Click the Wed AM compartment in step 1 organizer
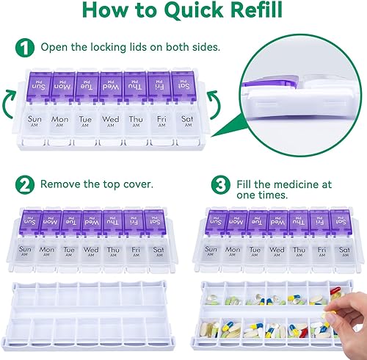[111, 123]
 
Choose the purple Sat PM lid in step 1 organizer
[181, 86]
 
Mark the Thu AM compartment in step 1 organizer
[135, 123]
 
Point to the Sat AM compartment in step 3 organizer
[342, 253]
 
